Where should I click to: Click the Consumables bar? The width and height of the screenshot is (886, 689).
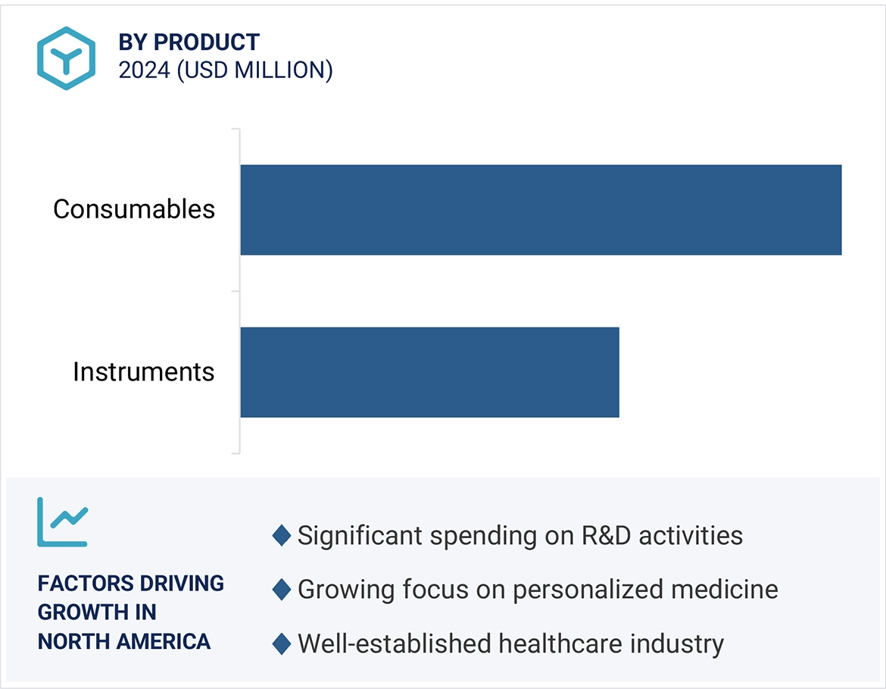(x=541, y=210)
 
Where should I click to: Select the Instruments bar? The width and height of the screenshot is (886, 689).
(x=429, y=372)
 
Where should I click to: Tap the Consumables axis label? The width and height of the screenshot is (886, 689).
(x=134, y=209)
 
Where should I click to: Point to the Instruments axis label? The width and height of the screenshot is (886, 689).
(x=143, y=372)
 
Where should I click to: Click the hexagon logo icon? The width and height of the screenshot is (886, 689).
(x=67, y=58)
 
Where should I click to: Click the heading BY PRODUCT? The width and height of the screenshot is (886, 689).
(x=189, y=42)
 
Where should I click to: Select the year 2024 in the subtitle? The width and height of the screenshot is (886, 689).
(x=145, y=70)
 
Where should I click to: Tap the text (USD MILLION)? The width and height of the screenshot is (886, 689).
(x=255, y=70)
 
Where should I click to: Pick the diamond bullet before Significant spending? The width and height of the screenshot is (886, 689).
(x=282, y=536)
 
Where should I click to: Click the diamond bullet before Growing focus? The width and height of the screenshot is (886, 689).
(x=282, y=590)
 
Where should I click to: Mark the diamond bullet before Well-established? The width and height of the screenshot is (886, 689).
(x=282, y=644)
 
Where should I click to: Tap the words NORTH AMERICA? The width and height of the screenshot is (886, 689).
(x=124, y=642)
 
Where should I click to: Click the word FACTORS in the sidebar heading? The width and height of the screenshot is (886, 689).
(x=74, y=584)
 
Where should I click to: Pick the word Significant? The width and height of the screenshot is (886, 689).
(x=360, y=536)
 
